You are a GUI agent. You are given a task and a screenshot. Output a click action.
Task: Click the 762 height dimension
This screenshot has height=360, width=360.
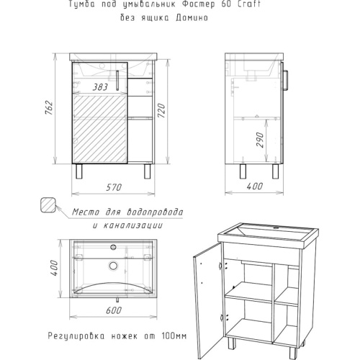(49, 107)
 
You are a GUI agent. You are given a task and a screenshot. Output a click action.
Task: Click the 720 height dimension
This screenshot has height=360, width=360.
(161, 111)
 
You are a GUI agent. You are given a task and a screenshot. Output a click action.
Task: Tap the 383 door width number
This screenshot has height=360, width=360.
(100, 87)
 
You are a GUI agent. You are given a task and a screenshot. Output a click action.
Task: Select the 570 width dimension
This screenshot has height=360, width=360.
(114, 187)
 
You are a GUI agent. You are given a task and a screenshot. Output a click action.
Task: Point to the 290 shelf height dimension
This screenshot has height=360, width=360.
(260, 140)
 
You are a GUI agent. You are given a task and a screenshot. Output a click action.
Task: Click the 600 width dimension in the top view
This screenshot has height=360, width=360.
(114, 310)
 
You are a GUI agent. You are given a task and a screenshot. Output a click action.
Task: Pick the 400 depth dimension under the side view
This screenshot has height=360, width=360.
(255, 186)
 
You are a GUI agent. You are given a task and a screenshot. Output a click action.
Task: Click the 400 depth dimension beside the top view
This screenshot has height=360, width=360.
(54, 268)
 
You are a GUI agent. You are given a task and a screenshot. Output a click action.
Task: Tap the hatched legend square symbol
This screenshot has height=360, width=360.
(48, 204)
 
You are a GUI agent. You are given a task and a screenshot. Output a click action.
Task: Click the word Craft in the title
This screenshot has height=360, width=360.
(249, 4)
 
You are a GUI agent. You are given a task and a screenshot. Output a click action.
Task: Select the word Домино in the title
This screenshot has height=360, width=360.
(192, 18)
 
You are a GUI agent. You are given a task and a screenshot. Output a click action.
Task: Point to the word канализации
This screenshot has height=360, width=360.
(133, 225)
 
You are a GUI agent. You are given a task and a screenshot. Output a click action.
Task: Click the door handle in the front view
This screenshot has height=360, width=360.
(117, 80)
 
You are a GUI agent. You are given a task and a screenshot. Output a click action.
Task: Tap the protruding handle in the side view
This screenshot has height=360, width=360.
(286, 80)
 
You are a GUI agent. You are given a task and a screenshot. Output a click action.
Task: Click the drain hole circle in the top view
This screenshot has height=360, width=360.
(113, 266)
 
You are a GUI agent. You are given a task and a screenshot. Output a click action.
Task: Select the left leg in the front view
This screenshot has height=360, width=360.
(78, 171)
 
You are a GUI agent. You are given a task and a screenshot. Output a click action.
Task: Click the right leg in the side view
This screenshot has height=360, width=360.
(275, 171)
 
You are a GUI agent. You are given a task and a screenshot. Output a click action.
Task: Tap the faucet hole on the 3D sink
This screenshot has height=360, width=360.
(276, 227)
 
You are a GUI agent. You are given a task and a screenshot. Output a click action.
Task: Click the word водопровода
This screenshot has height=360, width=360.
(154, 212)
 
